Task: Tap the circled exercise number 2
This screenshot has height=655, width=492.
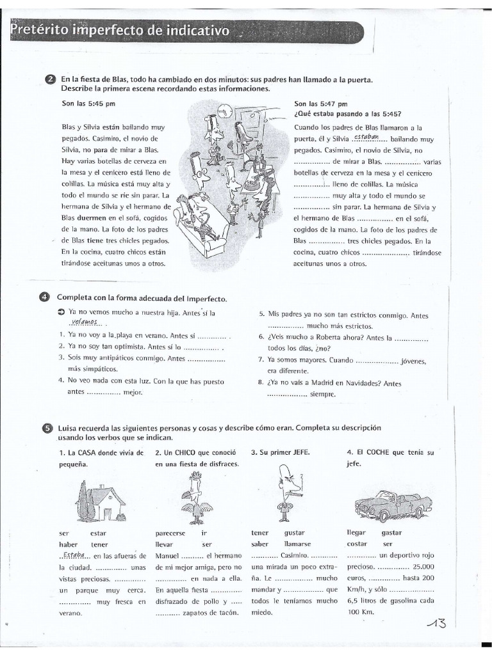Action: (51, 79)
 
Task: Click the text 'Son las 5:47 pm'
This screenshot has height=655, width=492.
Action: (320, 104)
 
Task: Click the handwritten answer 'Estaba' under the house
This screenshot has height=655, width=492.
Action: (74, 555)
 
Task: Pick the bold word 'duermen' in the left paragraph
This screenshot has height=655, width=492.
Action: (81, 217)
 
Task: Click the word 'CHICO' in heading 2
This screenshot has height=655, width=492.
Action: (183, 453)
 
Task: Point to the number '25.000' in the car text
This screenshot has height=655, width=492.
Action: (421, 567)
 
